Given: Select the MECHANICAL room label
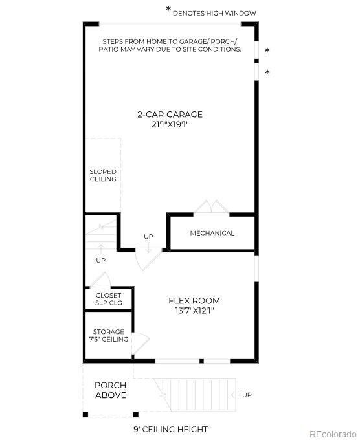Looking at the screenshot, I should [212, 233].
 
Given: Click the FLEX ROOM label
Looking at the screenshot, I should [194, 300].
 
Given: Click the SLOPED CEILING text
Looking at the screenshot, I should [103, 175].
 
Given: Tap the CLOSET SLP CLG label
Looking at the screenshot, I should [108, 299].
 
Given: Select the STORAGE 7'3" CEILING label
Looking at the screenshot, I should [109, 335].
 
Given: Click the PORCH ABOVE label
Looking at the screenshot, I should [111, 390].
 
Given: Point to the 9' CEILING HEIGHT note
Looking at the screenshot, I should [172, 429].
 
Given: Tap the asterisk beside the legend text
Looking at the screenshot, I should [169, 10].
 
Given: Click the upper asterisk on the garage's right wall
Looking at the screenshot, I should [267, 50].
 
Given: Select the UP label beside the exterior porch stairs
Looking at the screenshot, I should [247, 395].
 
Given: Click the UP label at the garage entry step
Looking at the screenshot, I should [148, 236].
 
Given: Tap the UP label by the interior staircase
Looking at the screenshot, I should [100, 260].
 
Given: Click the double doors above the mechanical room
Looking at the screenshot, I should [208, 207].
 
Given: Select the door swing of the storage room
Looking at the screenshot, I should [142, 340].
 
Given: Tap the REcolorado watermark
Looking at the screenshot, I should [332, 434].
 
